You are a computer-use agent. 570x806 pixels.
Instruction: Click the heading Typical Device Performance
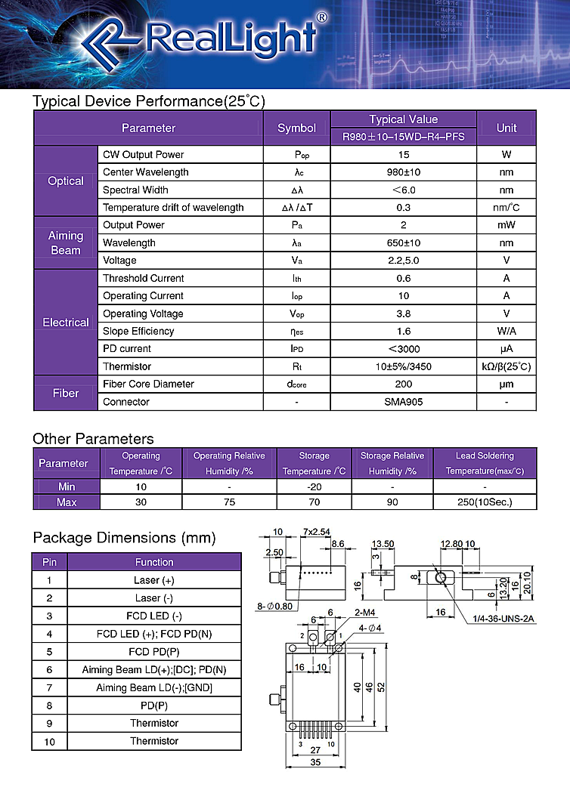(x=149, y=101)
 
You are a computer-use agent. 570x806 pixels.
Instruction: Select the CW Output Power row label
(x=144, y=155)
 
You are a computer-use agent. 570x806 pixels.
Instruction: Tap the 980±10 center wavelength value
(x=404, y=172)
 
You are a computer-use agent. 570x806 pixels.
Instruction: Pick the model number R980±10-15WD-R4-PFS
(x=404, y=137)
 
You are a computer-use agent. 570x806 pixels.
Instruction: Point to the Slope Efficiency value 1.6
(x=404, y=331)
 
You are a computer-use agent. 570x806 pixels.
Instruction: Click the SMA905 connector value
(x=404, y=402)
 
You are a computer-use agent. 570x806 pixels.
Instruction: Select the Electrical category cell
(x=66, y=323)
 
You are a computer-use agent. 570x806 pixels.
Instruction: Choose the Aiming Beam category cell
(x=66, y=242)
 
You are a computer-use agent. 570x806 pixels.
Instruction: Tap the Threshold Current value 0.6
(x=404, y=278)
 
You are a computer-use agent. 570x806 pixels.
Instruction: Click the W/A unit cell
(x=506, y=331)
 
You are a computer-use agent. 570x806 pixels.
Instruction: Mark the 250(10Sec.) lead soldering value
(x=485, y=502)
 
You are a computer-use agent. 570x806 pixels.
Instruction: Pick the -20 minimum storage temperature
(x=314, y=486)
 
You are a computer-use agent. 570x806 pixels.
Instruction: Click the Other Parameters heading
(x=93, y=439)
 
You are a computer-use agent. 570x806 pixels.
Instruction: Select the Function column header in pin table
(x=154, y=562)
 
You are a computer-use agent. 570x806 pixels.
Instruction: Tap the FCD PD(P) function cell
(x=154, y=651)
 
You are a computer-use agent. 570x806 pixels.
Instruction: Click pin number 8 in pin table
(x=50, y=706)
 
